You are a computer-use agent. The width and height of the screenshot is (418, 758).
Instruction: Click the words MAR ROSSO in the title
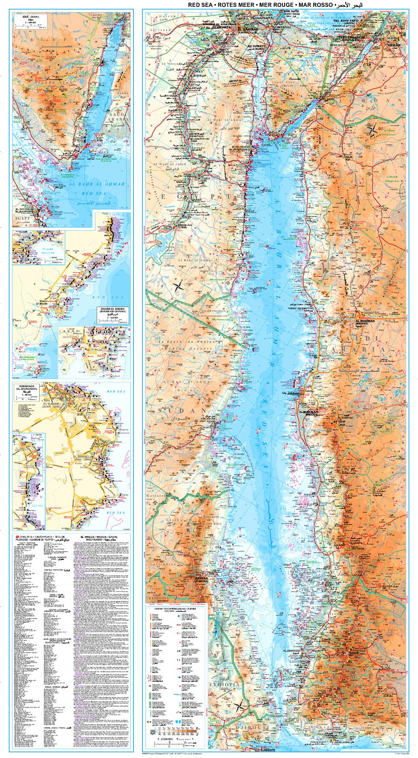coord(315,5)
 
